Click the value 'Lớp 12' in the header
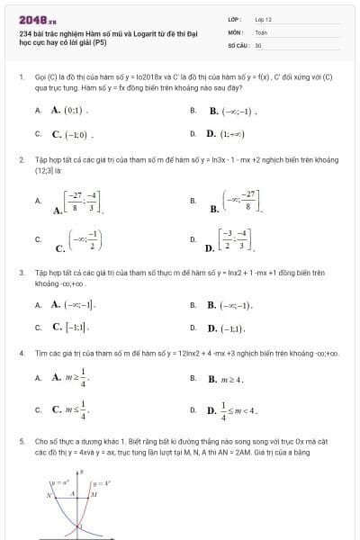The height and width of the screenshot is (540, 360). pos(264,18)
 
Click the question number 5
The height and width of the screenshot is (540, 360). pos(21,442)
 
